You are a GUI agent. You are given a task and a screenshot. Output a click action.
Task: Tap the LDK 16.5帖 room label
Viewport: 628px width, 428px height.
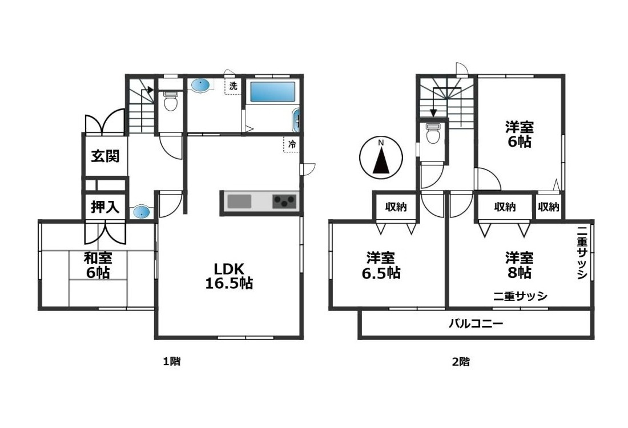point(230,276)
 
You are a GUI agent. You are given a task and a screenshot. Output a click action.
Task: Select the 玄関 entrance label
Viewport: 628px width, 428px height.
point(106,156)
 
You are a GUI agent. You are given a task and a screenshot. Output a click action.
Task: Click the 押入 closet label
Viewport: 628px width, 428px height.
point(106,207)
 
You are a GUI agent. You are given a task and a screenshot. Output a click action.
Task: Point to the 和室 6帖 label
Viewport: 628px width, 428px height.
point(98,265)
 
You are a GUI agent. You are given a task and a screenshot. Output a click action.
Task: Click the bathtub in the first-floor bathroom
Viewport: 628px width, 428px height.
point(272,93)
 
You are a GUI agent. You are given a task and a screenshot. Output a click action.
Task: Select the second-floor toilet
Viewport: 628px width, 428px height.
point(433,134)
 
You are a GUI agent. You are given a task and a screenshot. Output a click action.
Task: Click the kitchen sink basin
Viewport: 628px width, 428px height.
point(239,201)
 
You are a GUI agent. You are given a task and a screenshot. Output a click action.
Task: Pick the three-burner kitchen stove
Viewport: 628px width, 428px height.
point(284,201)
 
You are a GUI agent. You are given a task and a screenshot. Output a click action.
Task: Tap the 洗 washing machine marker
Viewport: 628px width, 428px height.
point(233,87)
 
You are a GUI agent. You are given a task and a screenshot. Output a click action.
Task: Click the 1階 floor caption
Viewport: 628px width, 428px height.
point(172,361)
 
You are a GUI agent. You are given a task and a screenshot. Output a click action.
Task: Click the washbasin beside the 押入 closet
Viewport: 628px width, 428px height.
point(142,212)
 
